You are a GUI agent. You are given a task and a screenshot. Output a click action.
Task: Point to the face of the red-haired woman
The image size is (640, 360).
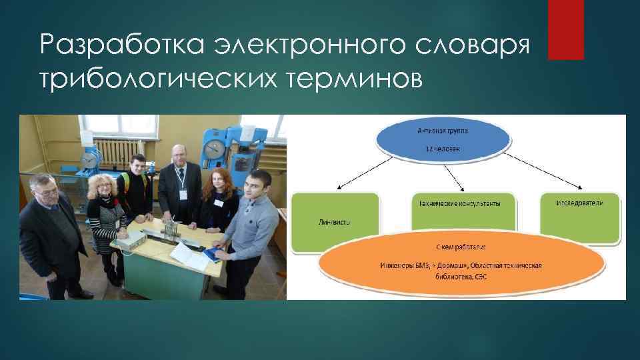[x=217, y=181]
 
